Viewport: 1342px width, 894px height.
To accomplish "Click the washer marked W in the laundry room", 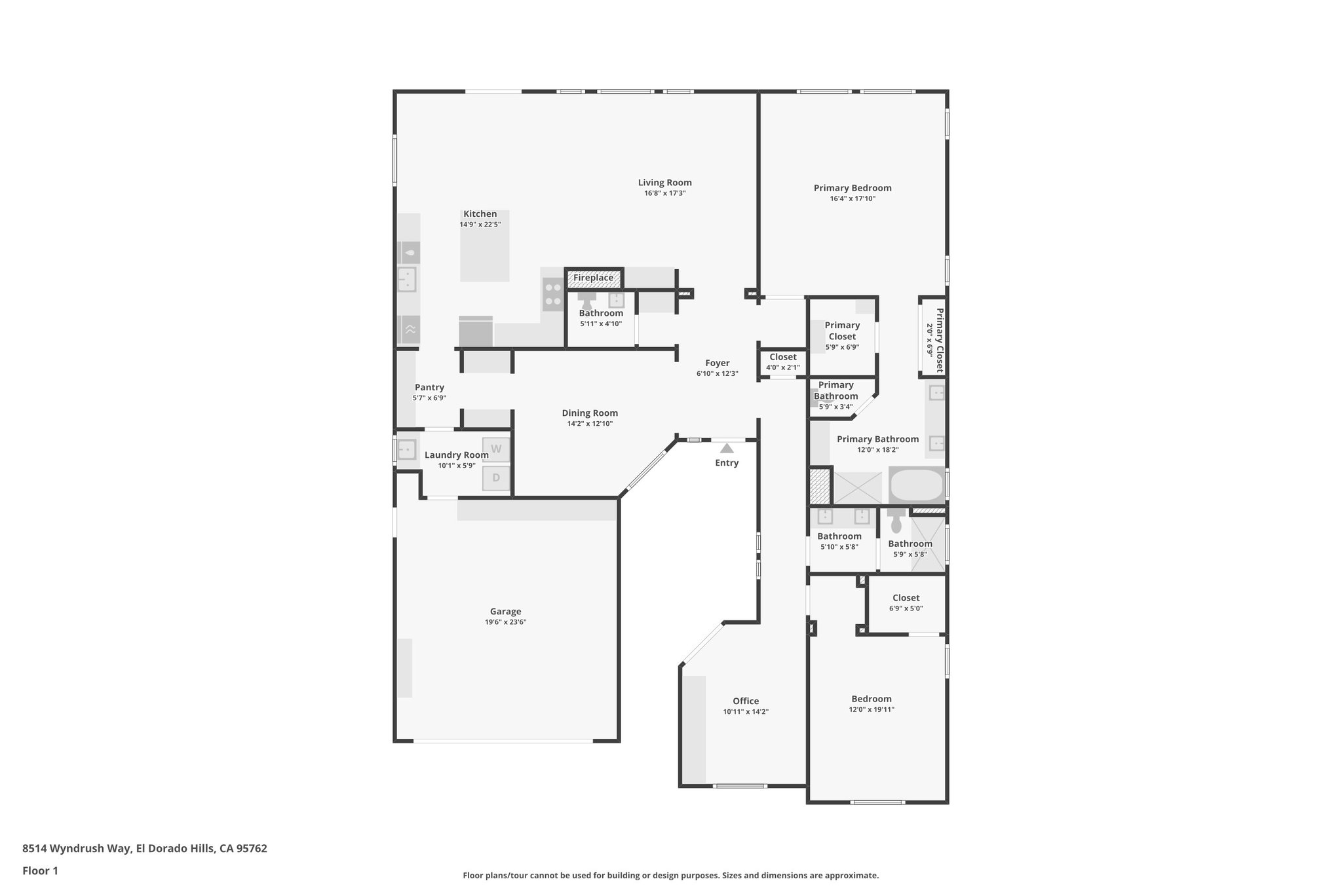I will [496, 449].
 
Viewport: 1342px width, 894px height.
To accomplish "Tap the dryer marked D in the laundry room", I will [496, 478].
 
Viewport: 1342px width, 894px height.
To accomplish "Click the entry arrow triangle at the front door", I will [727, 449].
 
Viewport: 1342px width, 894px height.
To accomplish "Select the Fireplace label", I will [593, 278].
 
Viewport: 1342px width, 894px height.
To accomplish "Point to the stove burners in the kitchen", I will [553, 294].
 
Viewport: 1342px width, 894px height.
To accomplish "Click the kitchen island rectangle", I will [484, 252].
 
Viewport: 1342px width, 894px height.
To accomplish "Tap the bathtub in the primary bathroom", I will [917, 485].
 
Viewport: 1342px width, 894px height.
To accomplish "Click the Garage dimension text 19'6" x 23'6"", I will [505, 622].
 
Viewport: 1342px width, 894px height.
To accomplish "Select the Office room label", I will [746, 701].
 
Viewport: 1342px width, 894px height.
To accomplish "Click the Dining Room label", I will [590, 413].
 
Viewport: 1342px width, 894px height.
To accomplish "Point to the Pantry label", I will [429, 388].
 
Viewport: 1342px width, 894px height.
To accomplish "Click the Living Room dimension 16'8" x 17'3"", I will [664, 193].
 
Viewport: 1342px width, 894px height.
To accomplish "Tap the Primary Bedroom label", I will [852, 188].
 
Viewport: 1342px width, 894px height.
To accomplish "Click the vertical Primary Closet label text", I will [939, 340].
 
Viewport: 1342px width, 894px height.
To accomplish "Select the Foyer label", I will [717, 363].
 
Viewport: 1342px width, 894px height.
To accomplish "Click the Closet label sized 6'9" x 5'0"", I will [906, 598].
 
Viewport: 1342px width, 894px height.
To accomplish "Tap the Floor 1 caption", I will [40, 870].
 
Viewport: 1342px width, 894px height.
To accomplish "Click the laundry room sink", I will [406, 450].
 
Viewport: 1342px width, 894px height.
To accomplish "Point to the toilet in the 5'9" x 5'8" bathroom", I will [896, 522].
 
